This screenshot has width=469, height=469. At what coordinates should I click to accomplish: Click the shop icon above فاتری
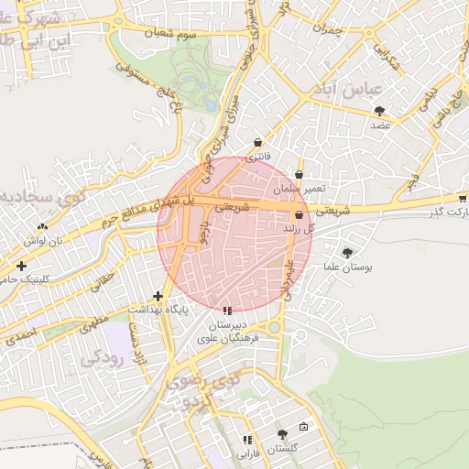click(257, 143)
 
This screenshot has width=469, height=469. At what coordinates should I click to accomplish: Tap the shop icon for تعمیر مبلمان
click(300, 174)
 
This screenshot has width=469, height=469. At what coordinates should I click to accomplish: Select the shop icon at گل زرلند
click(300, 214)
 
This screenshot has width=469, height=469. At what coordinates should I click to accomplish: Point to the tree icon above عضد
click(379, 111)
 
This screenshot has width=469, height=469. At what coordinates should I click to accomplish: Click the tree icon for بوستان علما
click(346, 253)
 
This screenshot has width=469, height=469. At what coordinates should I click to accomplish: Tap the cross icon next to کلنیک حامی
click(21, 266)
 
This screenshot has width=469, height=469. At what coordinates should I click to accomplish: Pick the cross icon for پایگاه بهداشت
click(158, 296)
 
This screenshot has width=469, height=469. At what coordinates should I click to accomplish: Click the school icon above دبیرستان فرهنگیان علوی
click(227, 311)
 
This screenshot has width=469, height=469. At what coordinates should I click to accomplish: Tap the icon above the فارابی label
click(247, 441)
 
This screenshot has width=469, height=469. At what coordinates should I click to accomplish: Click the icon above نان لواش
click(42, 226)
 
